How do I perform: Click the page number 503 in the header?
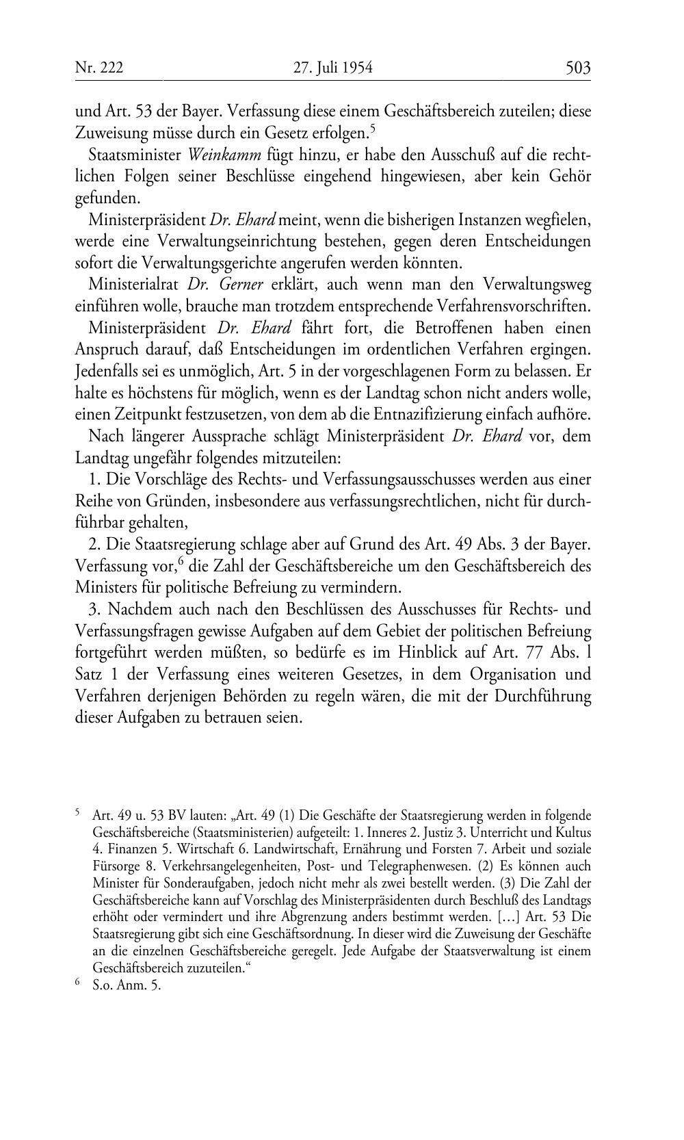(577, 67)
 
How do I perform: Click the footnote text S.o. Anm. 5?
(127, 987)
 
